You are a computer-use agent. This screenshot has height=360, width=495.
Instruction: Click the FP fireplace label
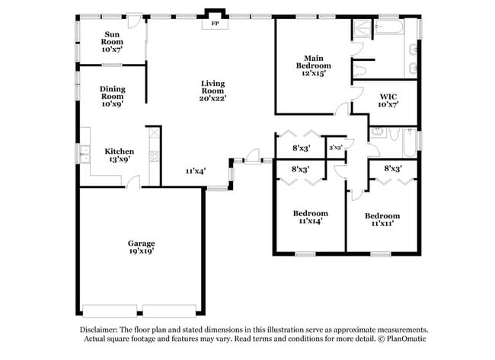(214, 24)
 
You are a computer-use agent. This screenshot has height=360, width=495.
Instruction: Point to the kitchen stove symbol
(153, 158)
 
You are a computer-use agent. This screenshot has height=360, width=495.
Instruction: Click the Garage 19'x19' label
(141, 246)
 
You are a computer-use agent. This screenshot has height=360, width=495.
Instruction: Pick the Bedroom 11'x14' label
(310, 218)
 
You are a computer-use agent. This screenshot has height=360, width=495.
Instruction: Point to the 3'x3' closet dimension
(335, 148)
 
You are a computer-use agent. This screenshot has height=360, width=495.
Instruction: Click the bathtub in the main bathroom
(387, 29)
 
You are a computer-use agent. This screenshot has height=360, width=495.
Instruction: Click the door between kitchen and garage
(133, 183)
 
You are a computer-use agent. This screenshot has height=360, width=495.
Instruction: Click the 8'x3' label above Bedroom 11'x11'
(392, 168)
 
